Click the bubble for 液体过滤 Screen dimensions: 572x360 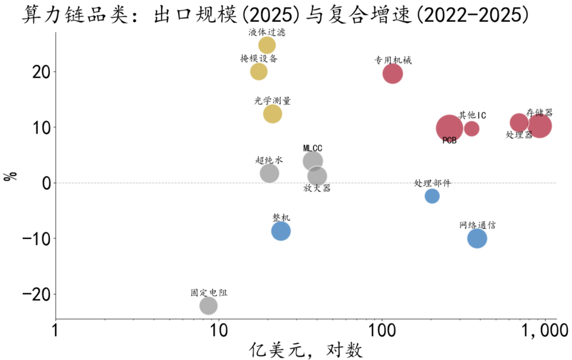click(x=266, y=45)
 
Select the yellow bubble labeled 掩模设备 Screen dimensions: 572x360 click(x=258, y=71)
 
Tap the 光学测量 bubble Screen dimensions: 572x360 click(x=273, y=114)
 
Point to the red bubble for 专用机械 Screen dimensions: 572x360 click(x=392, y=73)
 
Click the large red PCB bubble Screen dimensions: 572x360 click(x=450, y=128)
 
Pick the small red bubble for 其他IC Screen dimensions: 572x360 click(x=472, y=129)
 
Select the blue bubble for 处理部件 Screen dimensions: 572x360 click(x=432, y=196)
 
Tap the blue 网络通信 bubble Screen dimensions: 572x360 click(x=477, y=239)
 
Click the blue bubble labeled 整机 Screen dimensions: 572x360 click(x=281, y=231)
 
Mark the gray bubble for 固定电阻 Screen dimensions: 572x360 click(x=208, y=305)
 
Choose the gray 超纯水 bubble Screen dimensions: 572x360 click(x=269, y=173)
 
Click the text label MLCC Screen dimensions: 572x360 click(x=312, y=148)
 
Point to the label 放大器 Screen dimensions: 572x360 click(x=317, y=188)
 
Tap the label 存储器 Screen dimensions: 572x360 click(x=539, y=112)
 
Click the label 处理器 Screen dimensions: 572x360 click(x=519, y=135)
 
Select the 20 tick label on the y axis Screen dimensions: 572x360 click(x=41, y=72)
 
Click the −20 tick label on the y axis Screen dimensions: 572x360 click(x=37, y=294)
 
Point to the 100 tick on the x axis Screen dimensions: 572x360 click(x=382, y=330)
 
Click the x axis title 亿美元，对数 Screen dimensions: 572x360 click(x=306, y=350)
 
